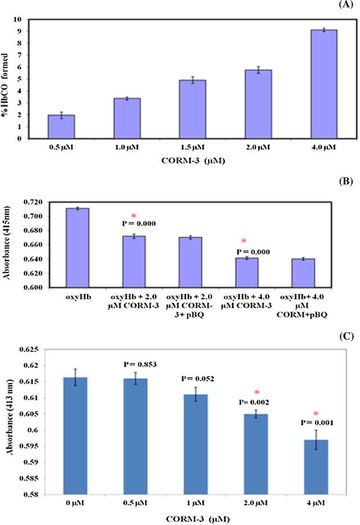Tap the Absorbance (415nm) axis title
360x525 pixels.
click(11, 244)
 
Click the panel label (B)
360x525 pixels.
click(348, 183)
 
